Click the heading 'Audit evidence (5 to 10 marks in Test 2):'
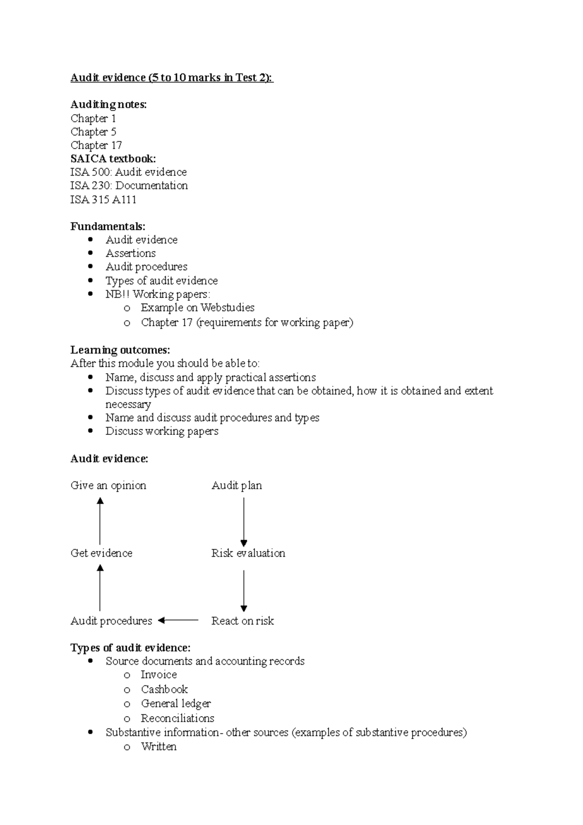click(172, 78)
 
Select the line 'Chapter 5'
click(93, 132)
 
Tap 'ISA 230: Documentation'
click(129, 186)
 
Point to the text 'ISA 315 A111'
click(103, 200)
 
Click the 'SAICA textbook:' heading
click(113, 159)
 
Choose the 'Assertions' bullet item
click(131, 254)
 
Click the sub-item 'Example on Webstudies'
click(197, 308)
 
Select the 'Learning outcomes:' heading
click(120, 350)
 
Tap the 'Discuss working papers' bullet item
click(162, 431)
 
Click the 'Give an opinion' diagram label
click(108, 486)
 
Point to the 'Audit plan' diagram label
click(237, 486)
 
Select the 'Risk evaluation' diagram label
click(248, 553)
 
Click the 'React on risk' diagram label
click(242, 621)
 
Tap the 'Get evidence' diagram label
click(102, 553)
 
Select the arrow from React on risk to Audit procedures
click(178, 620)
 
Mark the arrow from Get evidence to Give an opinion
click(100, 521)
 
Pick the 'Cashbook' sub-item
click(164, 689)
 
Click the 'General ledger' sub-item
click(176, 704)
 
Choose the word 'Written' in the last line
click(158, 747)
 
